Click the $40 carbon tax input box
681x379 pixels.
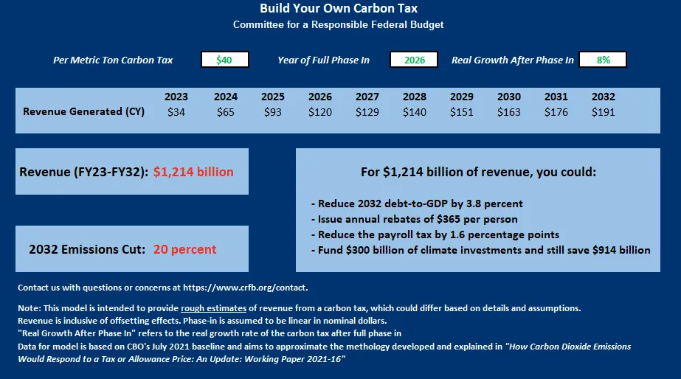click(x=224, y=60)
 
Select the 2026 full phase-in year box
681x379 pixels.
click(x=414, y=60)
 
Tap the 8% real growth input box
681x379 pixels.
click(x=603, y=60)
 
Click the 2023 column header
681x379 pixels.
click(x=176, y=97)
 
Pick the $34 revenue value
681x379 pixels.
click(x=176, y=112)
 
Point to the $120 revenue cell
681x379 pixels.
click(x=319, y=112)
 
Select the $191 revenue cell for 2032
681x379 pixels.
click(x=603, y=112)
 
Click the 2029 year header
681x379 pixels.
click(x=461, y=97)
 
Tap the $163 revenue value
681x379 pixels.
click(x=508, y=112)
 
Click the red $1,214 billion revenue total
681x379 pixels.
click(x=193, y=172)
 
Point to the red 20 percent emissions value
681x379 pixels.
click(x=184, y=249)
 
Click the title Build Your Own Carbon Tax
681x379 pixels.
click(x=339, y=9)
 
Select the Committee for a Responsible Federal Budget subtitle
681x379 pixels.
click(x=339, y=24)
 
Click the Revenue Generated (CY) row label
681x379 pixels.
click(x=83, y=112)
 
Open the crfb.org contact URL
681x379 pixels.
click(x=251, y=287)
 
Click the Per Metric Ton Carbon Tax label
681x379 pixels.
click(x=113, y=60)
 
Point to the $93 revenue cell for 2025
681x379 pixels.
click(x=272, y=112)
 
